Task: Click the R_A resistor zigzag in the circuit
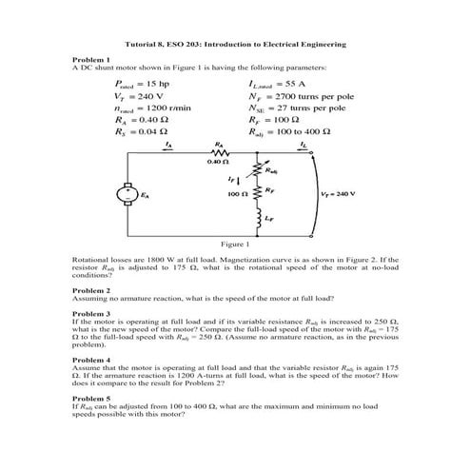pyautogui.click(x=221, y=152)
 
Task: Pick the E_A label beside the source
pyautogui.click(x=145, y=194)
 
